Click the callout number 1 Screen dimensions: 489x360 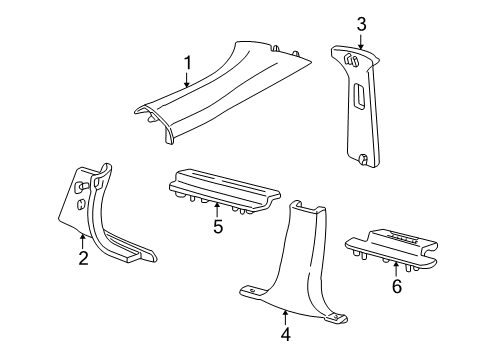tap(188, 63)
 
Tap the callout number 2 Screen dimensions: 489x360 tap(83, 258)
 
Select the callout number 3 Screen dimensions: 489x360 tap(361, 24)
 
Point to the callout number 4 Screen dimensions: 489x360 tap(286, 334)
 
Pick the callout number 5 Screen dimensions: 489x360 tap(218, 227)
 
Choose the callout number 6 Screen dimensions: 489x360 tap(397, 286)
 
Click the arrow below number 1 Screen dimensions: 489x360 tap(187, 79)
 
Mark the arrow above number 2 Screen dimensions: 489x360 tap(83, 242)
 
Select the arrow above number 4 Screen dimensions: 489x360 tap(285, 318)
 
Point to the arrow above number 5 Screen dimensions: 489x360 tap(217, 210)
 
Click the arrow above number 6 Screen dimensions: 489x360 tap(396, 270)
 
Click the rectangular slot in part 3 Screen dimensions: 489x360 tap(359, 96)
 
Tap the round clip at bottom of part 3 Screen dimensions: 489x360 tap(363, 159)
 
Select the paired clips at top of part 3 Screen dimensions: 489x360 tap(351, 61)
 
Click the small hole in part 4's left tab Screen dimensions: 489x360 tap(253, 291)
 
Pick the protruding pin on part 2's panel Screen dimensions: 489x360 tap(81, 187)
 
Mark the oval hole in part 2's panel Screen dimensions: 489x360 tap(81, 204)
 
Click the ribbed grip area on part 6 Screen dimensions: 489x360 tap(404, 236)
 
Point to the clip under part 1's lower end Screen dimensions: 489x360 tap(152, 117)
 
